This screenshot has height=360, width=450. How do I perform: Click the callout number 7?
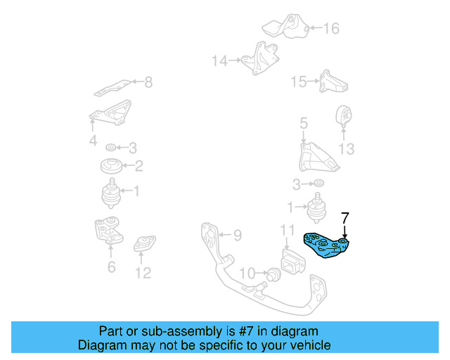(x=345, y=218)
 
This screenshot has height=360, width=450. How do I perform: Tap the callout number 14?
(x=219, y=61)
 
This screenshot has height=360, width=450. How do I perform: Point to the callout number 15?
(x=299, y=82)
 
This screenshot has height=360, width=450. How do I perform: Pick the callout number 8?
(x=148, y=83)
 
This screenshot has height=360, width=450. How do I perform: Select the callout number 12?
(x=143, y=273)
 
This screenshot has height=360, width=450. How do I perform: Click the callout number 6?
(x=111, y=267)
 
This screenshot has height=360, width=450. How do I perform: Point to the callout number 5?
(x=303, y=124)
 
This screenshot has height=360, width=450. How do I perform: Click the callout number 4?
(x=92, y=142)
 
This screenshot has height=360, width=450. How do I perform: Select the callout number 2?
(x=139, y=167)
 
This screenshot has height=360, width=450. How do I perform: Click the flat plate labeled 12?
(x=144, y=244)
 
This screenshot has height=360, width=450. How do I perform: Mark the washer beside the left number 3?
(x=111, y=148)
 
